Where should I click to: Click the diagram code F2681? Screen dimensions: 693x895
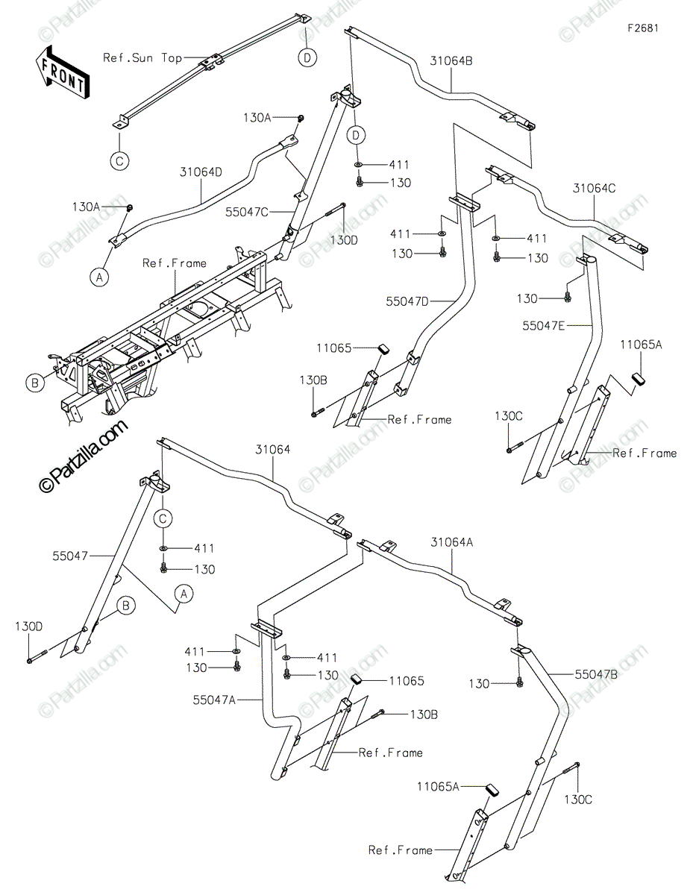coord(643,28)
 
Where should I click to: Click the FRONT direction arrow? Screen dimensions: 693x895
coord(62,72)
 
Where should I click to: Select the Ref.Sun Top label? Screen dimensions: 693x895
coord(142,57)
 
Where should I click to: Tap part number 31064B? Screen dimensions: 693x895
coord(451,61)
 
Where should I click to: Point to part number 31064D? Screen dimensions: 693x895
coord(201,172)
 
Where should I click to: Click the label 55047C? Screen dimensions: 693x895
coord(247,212)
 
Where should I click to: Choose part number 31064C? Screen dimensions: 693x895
coord(595,189)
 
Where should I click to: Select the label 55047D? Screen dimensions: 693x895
coord(407,301)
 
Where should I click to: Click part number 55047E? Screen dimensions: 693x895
coord(544,326)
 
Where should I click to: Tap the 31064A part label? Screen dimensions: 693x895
coord(452,543)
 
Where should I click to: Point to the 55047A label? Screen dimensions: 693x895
coord(214,700)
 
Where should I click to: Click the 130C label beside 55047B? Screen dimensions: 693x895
coord(578,800)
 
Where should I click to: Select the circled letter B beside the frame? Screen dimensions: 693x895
coord(35,383)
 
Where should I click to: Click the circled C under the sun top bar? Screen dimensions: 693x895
coord(119,160)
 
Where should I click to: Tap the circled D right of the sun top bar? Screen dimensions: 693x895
coord(307,57)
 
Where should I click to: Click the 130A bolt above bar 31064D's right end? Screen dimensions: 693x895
coord(301,119)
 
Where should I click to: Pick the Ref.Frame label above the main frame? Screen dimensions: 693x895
coord(174,263)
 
